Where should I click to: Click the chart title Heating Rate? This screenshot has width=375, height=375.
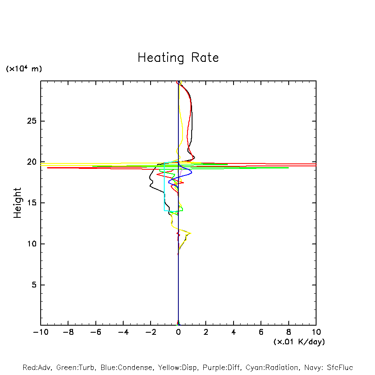coord(178,58)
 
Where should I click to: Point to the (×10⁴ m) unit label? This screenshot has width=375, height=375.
coord(24,69)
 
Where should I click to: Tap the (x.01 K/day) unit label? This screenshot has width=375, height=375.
coord(299,342)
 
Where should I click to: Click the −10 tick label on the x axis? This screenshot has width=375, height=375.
coord(40,332)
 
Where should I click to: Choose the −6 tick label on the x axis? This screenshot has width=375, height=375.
coord(95,332)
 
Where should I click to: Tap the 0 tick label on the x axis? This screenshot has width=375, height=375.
coord(178,332)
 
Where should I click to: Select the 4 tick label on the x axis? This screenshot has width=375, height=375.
coord(234,332)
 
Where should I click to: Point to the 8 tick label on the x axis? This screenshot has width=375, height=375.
coord(289,332)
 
